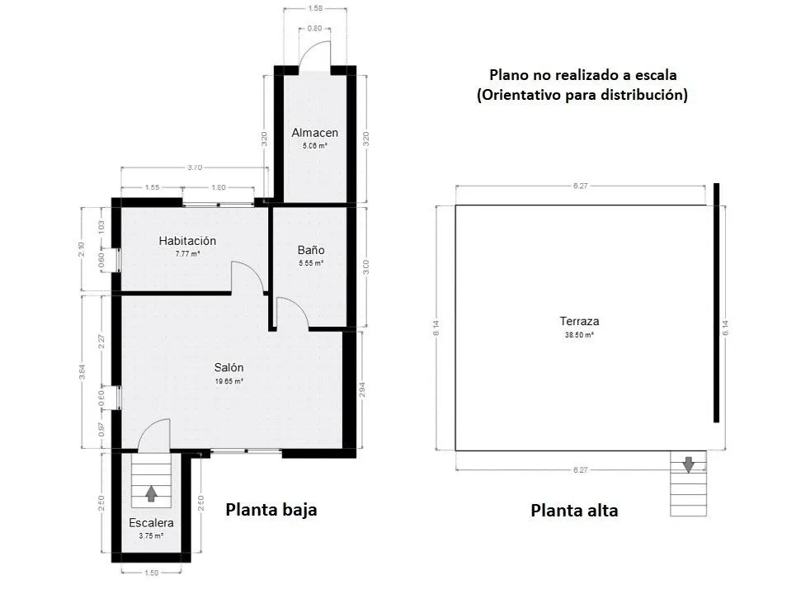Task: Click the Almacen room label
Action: tap(314, 133)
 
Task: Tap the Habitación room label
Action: tap(187, 241)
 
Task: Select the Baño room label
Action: tap(311, 250)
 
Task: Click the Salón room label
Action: tap(229, 368)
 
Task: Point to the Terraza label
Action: tap(578, 322)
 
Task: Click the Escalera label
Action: tap(151, 523)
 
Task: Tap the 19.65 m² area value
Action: tap(229, 381)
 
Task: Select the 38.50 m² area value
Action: tap(578, 336)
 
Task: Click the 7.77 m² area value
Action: tap(187, 254)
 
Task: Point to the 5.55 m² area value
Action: tap(311, 263)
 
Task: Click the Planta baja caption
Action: tap(271, 509)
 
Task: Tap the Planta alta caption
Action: tap(574, 510)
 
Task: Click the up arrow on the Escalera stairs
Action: tap(151, 493)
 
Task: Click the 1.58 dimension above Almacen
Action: tap(314, 9)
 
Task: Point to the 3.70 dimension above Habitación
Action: tap(194, 167)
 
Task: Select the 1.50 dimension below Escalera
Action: tap(151, 573)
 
